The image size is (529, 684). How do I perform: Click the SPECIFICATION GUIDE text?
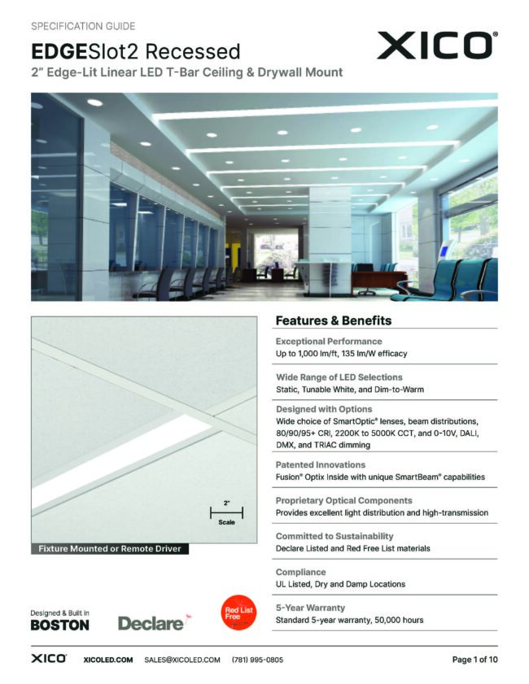(x=83, y=27)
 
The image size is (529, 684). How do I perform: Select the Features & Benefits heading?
(x=333, y=320)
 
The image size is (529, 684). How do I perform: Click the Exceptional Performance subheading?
(x=329, y=342)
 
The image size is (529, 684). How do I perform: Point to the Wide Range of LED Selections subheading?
(x=339, y=377)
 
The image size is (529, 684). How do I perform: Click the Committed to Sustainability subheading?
(x=334, y=536)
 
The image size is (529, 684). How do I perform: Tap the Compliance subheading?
(x=300, y=572)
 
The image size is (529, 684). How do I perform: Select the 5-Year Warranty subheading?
(x=310, y=608)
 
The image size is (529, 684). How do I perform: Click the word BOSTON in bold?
(x=59, y=625)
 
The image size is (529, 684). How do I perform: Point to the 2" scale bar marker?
(x=226, y=513)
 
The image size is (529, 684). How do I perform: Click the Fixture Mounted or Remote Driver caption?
(x=109, y=549)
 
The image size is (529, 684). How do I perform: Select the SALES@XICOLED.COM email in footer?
(x=182, y=660)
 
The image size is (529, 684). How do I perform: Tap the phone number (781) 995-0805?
(x=257, y=660)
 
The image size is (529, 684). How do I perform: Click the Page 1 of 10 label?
(x=474, y=660)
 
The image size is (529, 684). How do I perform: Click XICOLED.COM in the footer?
(x=108, y=660)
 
